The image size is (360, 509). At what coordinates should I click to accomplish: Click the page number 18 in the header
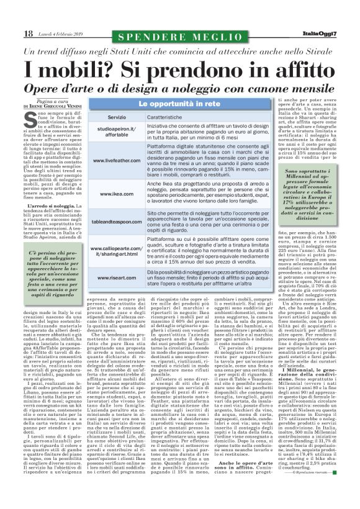tap(29, 33)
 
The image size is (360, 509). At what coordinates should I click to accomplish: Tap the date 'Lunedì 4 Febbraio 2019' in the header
tap(60, 34)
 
